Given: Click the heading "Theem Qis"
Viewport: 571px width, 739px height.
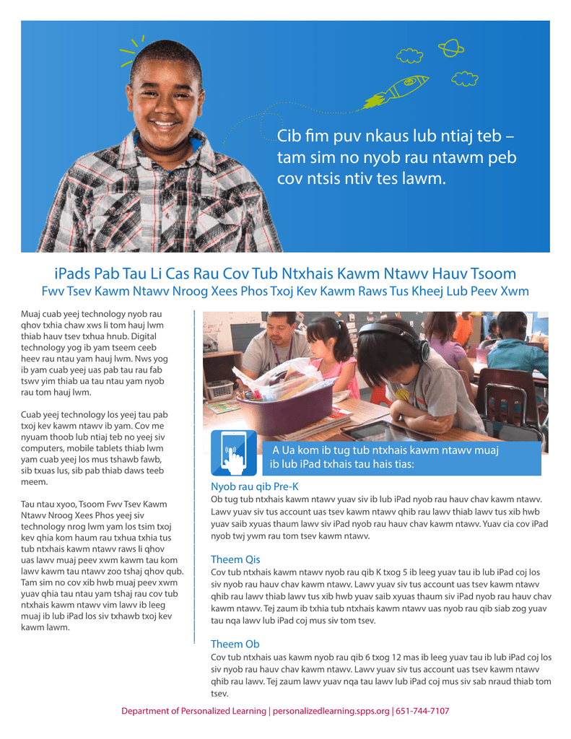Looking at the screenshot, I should [x=235, y=559].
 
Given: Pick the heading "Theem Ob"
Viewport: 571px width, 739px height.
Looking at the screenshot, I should [x=235, y=644].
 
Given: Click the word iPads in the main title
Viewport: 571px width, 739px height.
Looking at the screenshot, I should [x=72, y=274].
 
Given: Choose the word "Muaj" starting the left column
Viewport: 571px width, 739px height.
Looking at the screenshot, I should [x=32, y=314].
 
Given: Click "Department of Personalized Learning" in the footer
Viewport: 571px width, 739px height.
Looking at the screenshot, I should [x=193, y=711].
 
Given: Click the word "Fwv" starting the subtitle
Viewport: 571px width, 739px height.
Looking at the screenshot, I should [x=53, y=292].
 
